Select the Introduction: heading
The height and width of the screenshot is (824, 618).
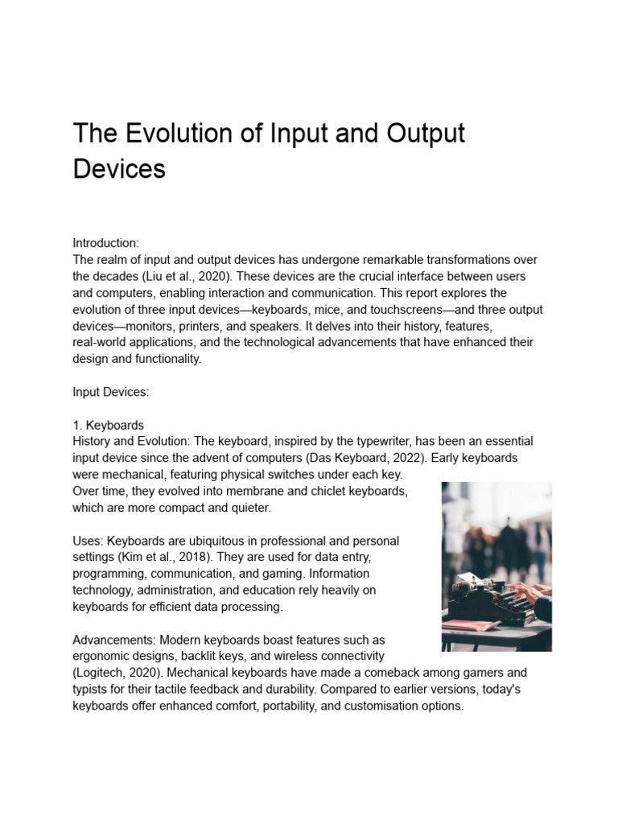106,243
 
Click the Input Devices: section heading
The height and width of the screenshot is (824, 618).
111,392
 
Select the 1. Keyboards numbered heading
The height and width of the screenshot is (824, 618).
109,425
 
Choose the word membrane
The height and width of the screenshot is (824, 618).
233,491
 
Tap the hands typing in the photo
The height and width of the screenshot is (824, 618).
531,594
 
